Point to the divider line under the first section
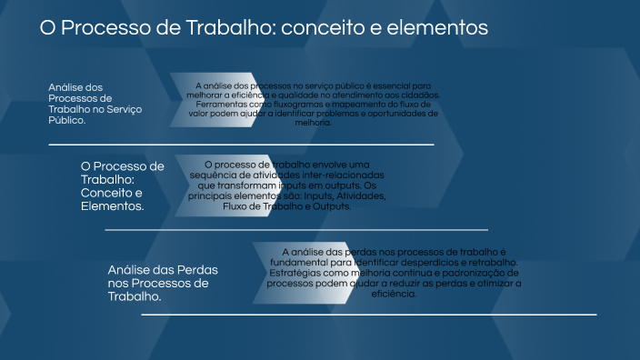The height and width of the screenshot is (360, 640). (241, 145)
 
